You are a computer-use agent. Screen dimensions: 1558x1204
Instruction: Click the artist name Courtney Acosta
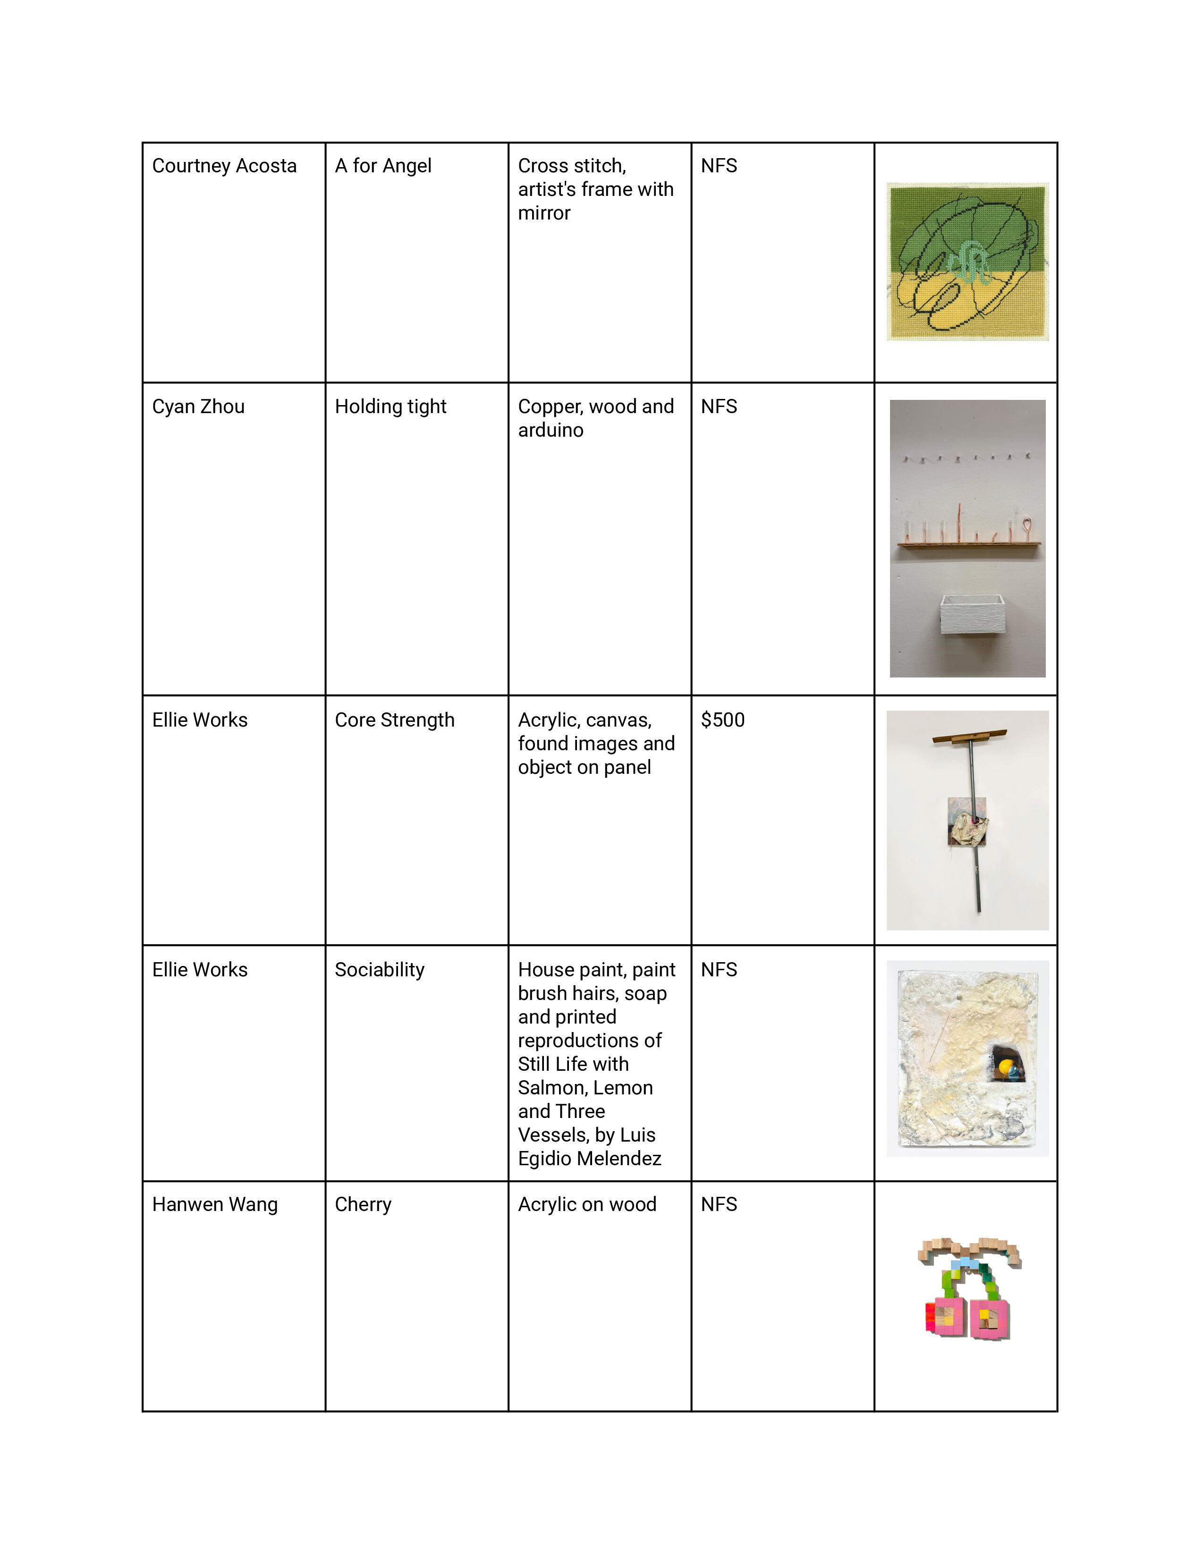point(224,166)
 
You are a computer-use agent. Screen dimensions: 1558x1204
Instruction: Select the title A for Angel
point(383,166)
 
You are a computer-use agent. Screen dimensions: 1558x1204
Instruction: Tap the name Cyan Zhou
point(198,406)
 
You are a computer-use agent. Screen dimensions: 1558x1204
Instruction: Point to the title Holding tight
point(390,406)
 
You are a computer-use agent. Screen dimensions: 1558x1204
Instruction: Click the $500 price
point(722,720)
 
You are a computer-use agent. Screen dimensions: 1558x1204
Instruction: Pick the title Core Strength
point(394,720)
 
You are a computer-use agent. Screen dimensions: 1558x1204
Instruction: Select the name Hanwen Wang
point(215,1204)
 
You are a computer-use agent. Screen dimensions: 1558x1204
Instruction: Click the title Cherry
point(363,1204)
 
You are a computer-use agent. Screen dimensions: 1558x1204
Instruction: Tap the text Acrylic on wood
point(587,1204)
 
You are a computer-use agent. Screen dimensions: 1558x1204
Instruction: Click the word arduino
point(551,430)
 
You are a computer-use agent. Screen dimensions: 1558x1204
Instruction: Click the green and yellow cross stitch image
point(967,262)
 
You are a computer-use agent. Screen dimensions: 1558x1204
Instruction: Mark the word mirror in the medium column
point(544,213)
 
